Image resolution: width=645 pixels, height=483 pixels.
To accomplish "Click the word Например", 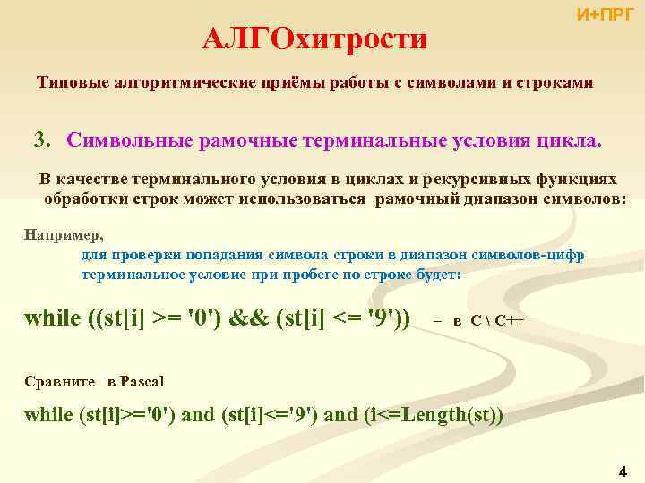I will tap(64, 236).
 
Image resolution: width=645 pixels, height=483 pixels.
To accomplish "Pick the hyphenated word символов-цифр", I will tap(533, 255).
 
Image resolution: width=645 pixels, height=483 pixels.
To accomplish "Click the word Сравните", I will tap(60, 381).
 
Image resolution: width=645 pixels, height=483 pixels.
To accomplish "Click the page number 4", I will tap(623, 470).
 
